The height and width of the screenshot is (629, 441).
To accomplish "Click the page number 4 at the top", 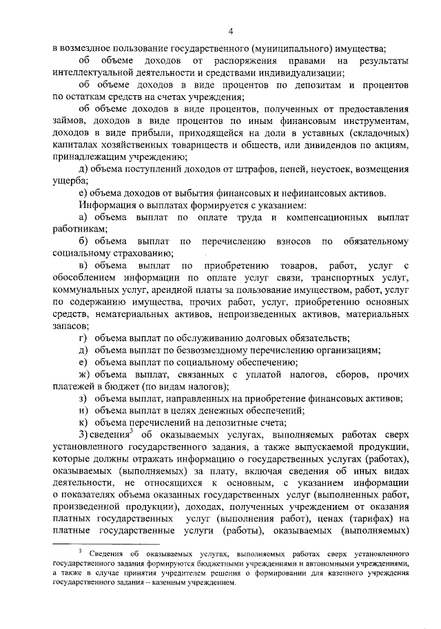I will click(x=232, y=30).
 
